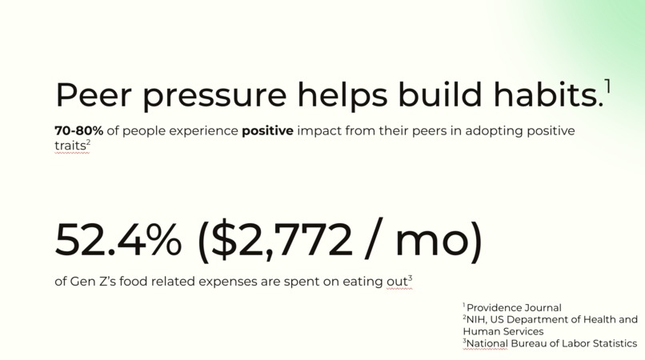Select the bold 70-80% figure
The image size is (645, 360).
point(79,130)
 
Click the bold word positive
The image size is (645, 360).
point(267,130)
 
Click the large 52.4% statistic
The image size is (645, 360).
point(118,240)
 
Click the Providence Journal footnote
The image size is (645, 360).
point(514,308)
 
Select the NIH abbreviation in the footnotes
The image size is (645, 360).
point(478,319)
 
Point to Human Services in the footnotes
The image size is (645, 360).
point(503,331)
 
